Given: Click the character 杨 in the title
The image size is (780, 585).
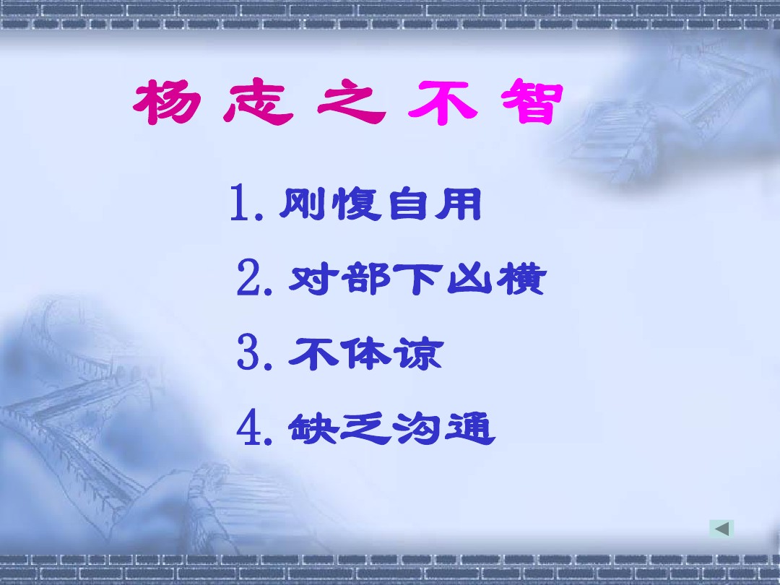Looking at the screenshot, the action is pyautogui.click(x=167, y=102).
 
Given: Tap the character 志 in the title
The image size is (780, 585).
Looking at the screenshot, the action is pyautogui.click(x=258, y=102).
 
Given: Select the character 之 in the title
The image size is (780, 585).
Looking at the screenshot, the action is pyautogui.click(x=352, y=102).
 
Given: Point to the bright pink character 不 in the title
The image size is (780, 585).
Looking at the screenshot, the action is pyautogui.click(x=443, y=103).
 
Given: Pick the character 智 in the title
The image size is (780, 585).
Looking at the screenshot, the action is pyautogui.click(x=532, y=101).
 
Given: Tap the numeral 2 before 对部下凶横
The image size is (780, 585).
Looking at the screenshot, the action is pyautogui.click(x=248, y=277).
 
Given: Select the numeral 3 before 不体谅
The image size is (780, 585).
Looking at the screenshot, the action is pyautogui.click(x=248, y=352).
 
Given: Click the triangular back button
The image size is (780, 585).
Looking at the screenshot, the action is pyautogui.click(x=721, y=529).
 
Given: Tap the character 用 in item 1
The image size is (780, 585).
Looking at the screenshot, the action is pyautogui.click(x=458, y=204).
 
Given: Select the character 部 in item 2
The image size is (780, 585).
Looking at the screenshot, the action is pyautogui.click(x=368, y=279).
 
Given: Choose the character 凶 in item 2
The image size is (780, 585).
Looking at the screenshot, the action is pyautogui.click(x=469, y=279).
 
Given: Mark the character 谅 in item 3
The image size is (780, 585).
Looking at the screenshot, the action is pyautogui.click(x=418, y=354).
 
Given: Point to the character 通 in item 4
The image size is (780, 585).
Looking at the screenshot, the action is pyautogui.click(x=470, y=429).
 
